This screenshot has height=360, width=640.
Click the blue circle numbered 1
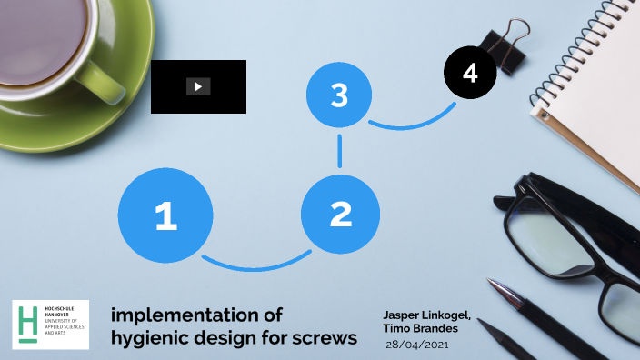click(x=165, y=215)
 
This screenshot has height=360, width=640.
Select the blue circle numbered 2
click(x=340, y=214)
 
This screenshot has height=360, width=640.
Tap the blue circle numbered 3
click(x=339, y=95)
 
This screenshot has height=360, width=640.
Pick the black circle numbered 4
click(x=470, y=73)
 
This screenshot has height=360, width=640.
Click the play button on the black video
click(x=198, y=86)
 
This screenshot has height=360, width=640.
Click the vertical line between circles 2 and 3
click(x=340, y=151)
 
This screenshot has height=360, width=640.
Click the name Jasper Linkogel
click(x=427, y=315)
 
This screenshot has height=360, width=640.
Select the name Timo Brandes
click(x=421, y=328)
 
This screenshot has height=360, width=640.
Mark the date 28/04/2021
click(x=417, y=345)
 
